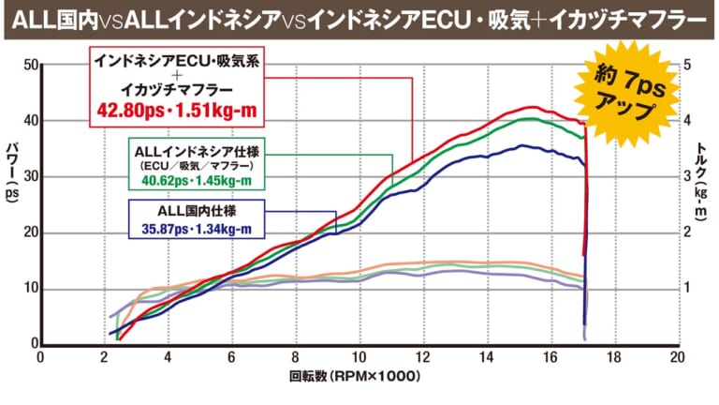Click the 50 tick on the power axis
click(x=27, y=65)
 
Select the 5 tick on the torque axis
click(x=689, y=65)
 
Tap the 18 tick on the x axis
click(x=612, y=357)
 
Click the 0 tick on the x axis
click(x=39, y=357)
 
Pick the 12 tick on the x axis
click(x=421, y=357)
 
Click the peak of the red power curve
click(x=529, y=107)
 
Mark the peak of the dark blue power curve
click(x=521, y=145)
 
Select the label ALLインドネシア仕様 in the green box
click(x=195, y=150)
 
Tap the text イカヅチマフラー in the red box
click(x=177, y=91)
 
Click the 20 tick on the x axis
click(x=676, y=357)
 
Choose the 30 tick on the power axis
click(x=27, y=176)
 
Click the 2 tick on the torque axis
click(x=689, y=232)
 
